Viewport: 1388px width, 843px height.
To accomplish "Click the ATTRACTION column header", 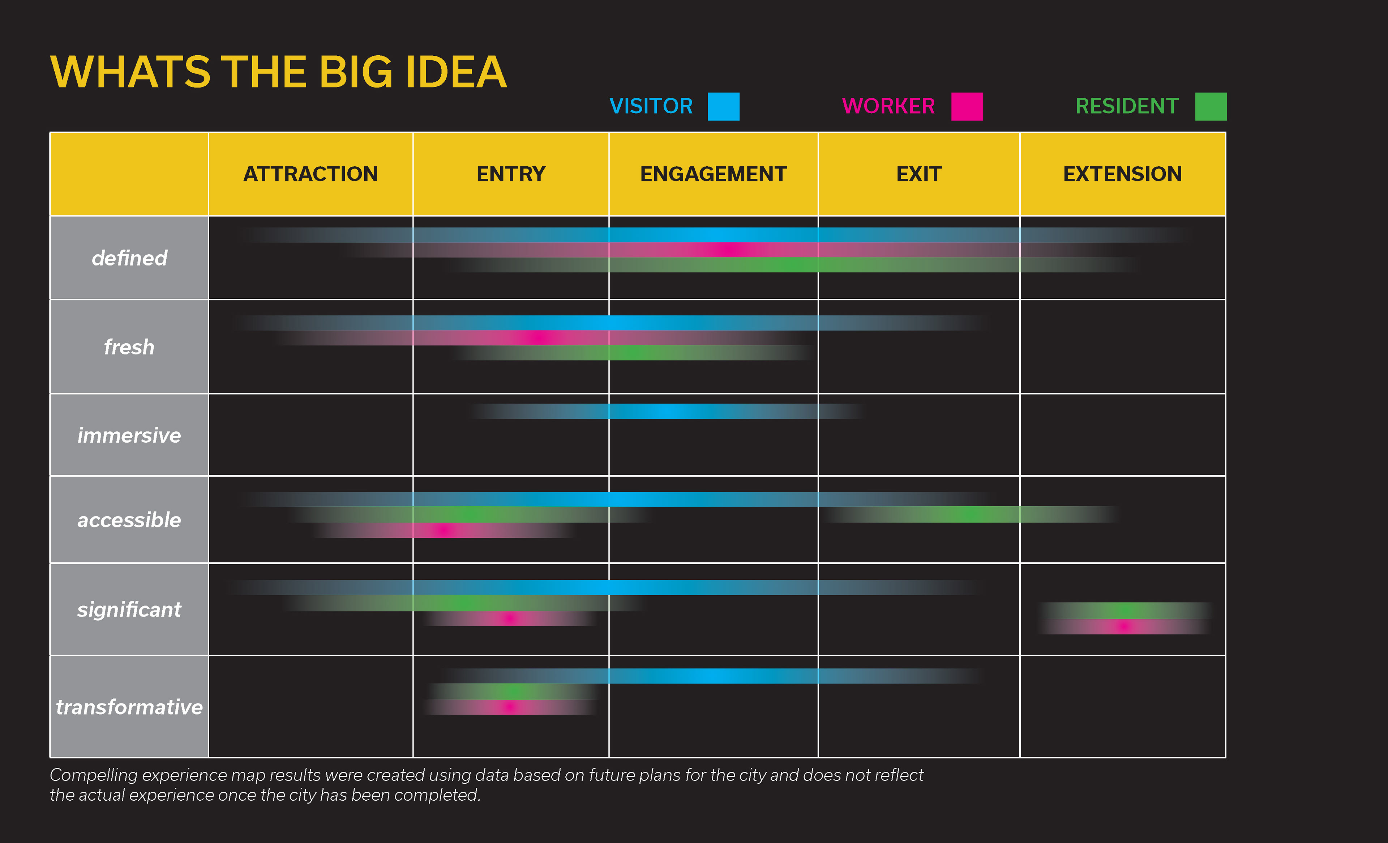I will coord(310,174).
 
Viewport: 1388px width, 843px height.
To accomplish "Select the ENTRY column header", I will coord(511,174).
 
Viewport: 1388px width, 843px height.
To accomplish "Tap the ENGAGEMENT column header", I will coord(713,174).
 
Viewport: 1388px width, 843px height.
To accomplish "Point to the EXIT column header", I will coord(919,174).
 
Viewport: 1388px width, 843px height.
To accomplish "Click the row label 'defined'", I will coord(129,258).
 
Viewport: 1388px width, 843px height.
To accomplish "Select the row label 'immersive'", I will coord(129,435).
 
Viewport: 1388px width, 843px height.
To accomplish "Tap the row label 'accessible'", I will coord(129,520).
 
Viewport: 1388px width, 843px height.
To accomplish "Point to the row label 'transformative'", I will coord(129,707).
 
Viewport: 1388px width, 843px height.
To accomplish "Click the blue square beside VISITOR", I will coord(723,106).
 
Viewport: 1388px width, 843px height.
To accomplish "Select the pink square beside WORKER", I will coord(967,106).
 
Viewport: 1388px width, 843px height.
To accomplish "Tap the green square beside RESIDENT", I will coord(1211,106).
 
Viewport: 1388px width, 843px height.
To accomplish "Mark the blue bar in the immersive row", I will coord(668,411).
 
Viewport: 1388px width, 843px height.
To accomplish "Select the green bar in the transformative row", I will coord(511,691).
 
